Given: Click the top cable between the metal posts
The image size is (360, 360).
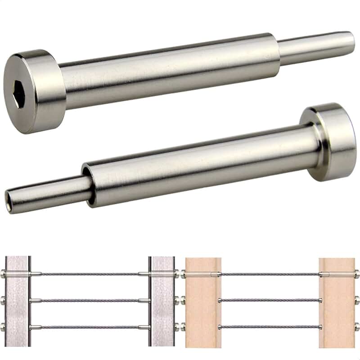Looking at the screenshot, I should (90, 274).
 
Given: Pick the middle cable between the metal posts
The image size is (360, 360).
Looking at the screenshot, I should (90, 300).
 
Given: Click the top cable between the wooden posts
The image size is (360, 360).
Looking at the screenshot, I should (270, 274).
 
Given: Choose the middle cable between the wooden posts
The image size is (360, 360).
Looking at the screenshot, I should (270, 300).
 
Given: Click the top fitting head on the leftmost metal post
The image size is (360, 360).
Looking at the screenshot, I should (3, 274).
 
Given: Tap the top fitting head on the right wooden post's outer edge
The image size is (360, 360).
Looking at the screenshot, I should (356, 274).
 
